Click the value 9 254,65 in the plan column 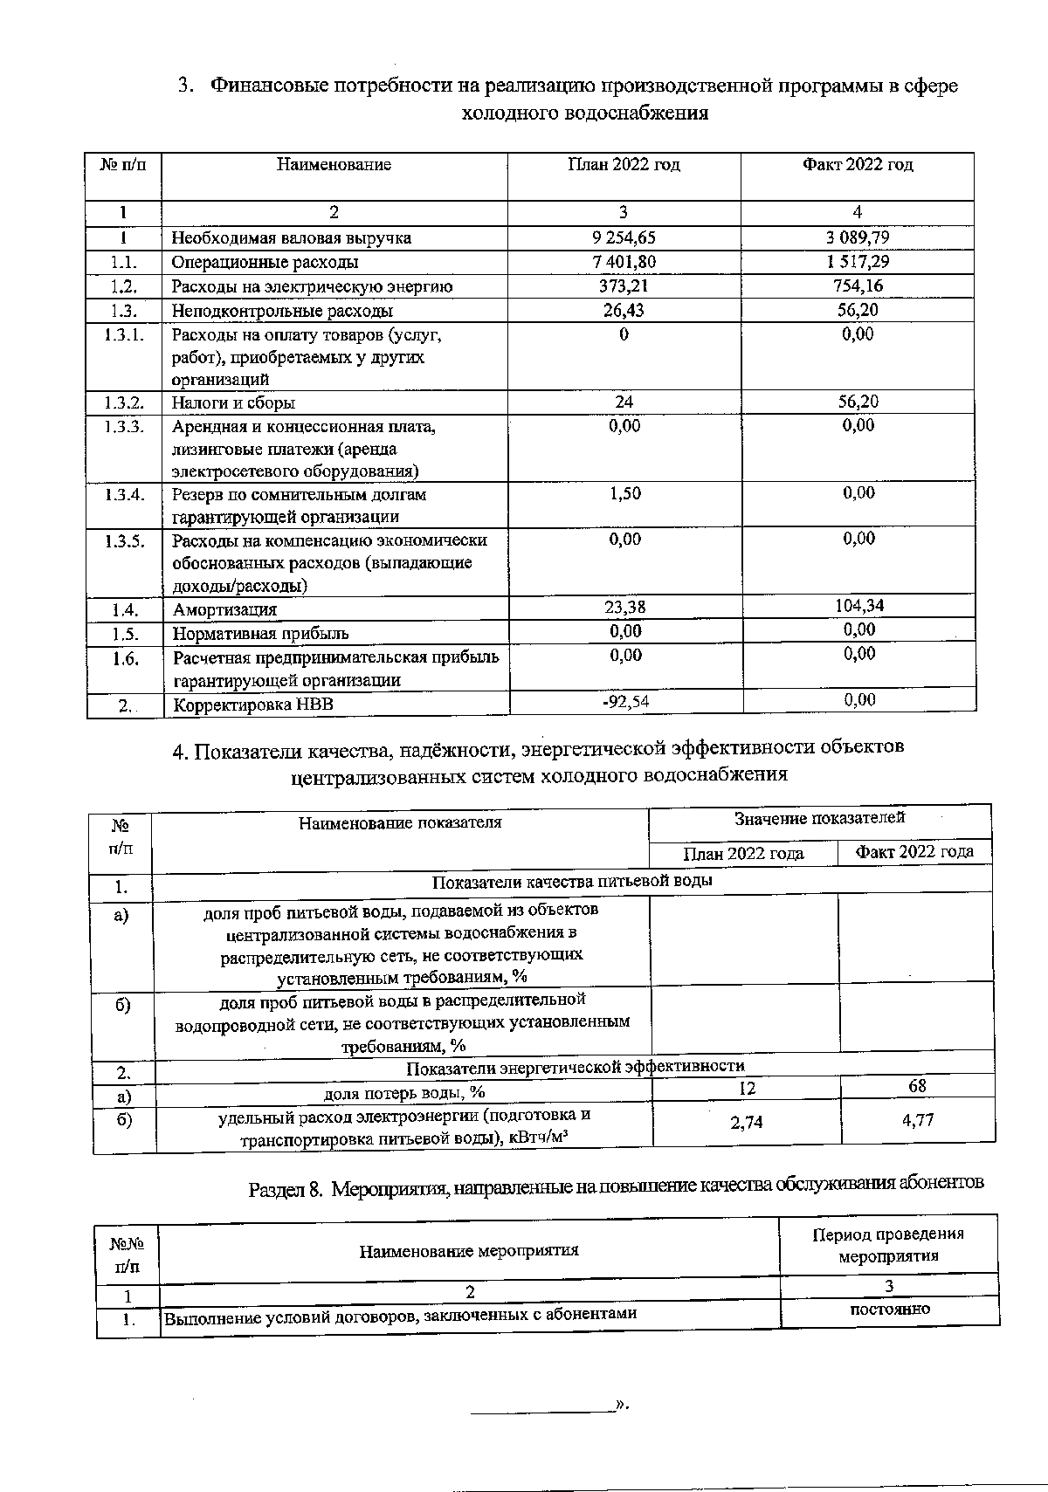(x=624, y=237)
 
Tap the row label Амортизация (x=224, y=609)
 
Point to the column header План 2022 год (x=624, y=165)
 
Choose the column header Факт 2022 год (x=858, y=165)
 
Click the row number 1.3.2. (x=123, y=402)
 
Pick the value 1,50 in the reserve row (x=624, y=493)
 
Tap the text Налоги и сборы (x=233, y=402)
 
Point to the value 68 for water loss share (x=916, y=1086)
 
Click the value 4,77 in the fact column (x=918, y=1120)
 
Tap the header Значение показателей (x=819, y=818)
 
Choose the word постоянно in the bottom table (x=888, y=1309)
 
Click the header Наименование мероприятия (x=469, y=1250)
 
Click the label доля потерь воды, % (x=404, y=1092)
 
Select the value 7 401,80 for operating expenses (x=624, y=262)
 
